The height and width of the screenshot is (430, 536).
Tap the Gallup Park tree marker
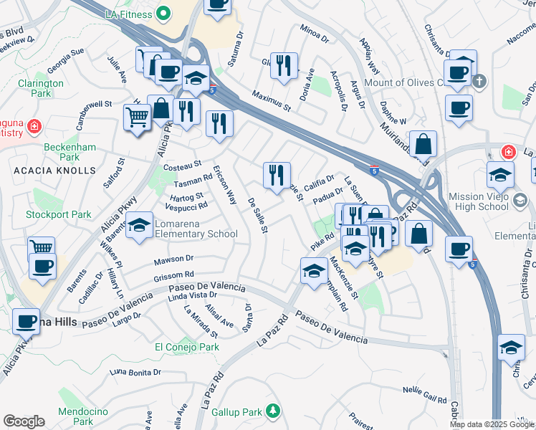coord(272,411)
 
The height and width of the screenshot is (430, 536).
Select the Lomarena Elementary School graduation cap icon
coord(139,224)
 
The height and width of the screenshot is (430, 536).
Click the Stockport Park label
coord(59,214)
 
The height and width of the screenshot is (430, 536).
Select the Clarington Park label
coord(41,88)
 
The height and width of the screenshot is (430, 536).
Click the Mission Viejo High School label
coord(488,201)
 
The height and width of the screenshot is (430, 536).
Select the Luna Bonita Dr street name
coord(135,372)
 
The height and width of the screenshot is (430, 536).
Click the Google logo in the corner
coord(24,421)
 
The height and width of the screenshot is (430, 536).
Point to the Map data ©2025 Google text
coord(492,424)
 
